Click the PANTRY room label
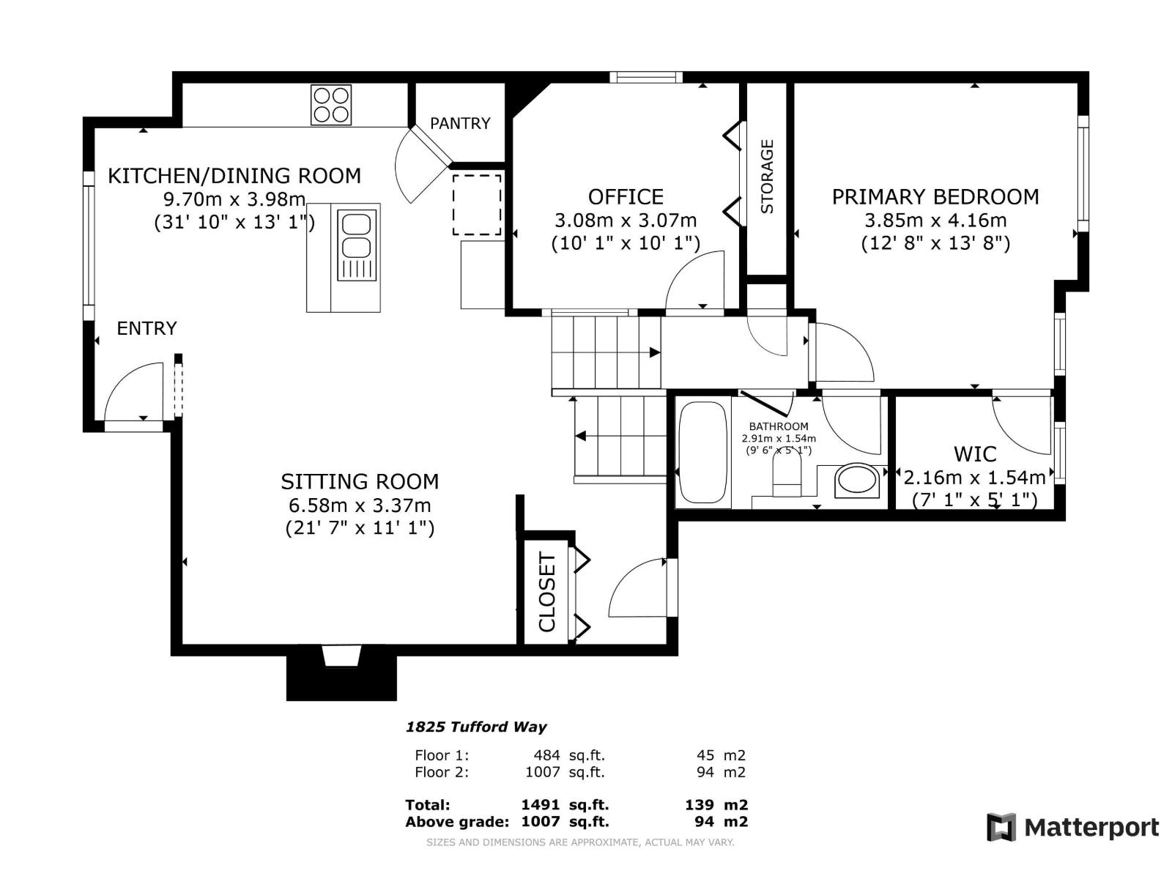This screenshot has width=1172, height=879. [460, 123]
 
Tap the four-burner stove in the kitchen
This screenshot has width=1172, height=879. [331, 105]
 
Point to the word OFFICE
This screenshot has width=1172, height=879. [626, 196]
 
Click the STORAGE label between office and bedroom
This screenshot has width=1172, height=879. [767, 177]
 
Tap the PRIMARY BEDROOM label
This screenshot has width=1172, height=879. [935, 196]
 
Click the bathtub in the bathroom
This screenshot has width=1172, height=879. [702, 452]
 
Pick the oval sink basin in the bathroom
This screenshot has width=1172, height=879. [856, 481]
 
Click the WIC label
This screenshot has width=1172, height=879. [974, 454]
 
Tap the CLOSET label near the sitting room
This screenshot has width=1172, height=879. [547, 593]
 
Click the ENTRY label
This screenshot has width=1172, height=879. [146, 328]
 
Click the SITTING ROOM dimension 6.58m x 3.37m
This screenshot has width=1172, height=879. [359, 505]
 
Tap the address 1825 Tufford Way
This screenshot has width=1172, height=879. [476, 727]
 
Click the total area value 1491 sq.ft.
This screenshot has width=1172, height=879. [564, 804]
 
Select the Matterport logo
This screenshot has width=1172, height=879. [1073, 828]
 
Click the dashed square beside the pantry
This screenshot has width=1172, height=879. [477, 204]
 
